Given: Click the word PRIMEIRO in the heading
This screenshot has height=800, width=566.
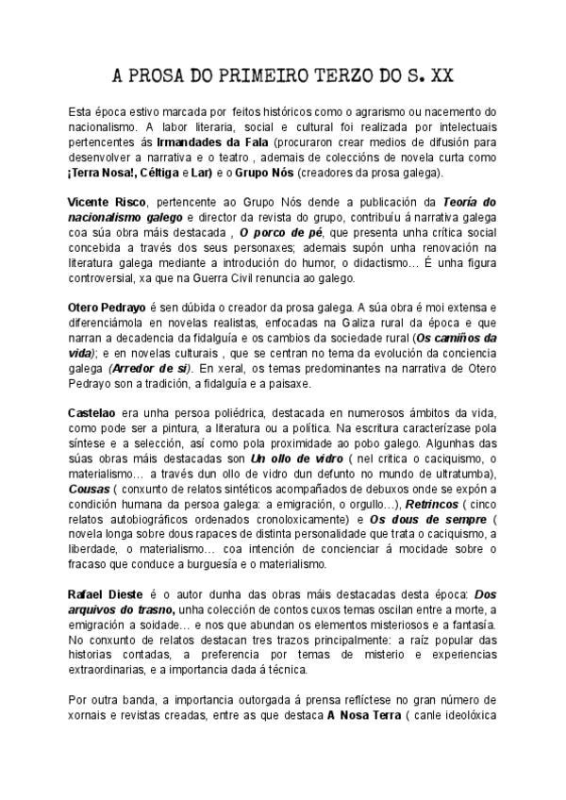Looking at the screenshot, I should [260, 75].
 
